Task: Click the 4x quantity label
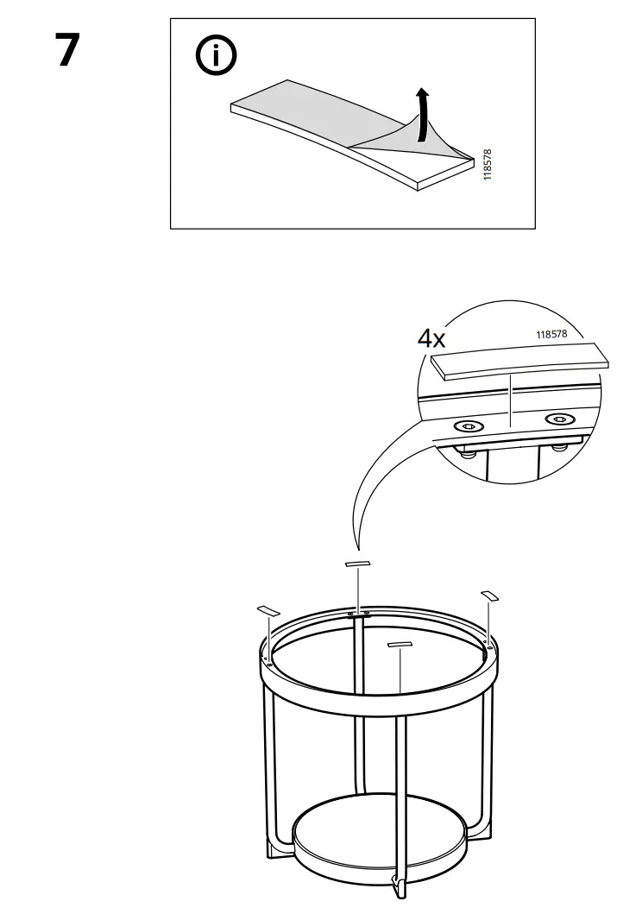pos(431,338)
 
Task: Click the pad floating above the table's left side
pos(268,610)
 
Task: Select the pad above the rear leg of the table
pos(356,564)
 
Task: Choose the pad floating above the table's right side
pos(489,595)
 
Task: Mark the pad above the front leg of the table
pos(401,645)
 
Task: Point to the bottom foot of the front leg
pos(400,887)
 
